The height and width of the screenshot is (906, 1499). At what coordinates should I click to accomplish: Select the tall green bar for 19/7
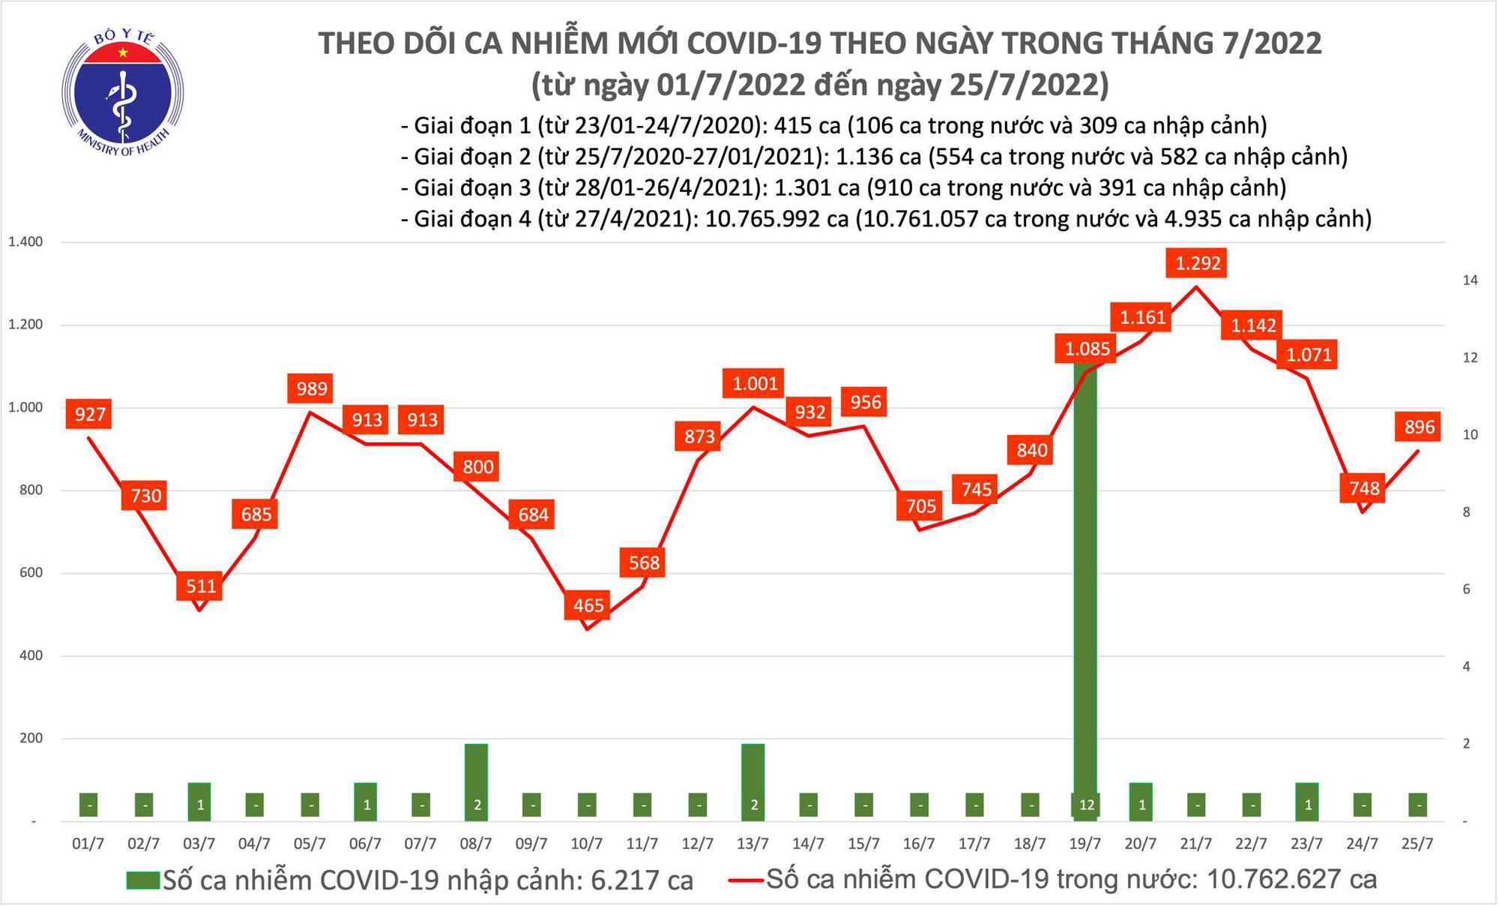pos(1085,592)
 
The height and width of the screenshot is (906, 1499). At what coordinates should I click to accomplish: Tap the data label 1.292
pos(1198,263)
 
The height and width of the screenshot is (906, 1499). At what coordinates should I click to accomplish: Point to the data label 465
pos(588,604)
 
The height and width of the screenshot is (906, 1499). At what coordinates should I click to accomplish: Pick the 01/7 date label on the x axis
pos(88,844)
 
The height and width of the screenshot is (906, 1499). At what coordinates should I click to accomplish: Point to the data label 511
pos(201,586)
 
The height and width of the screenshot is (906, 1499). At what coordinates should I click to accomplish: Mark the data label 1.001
pos(755,384)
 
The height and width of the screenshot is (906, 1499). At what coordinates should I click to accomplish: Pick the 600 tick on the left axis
pos(29,573)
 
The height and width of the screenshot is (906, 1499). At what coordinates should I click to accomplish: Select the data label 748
pos(1363,489)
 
